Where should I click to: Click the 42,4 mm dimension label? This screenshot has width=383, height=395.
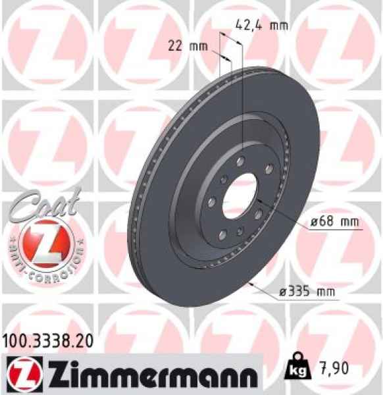pos(262,26)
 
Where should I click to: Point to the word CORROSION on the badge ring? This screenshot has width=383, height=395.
pos(52,267)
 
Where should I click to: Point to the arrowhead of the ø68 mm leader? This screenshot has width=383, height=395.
pos(257,198)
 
